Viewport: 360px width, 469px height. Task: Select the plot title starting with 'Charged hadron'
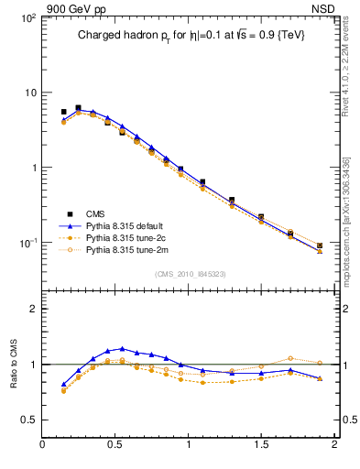(x=191, y=35)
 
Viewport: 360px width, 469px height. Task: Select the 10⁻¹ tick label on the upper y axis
(x=26, y=243)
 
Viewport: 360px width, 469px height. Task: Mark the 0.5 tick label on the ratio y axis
(x=27, y=420)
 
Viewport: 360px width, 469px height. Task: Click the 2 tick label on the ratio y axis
(x=33, y=309)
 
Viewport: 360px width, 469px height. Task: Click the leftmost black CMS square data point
(x=63, y=112)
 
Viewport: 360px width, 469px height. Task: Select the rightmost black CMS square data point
(x=320, y=245)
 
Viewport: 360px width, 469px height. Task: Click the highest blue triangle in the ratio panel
(x=122, y=349)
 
